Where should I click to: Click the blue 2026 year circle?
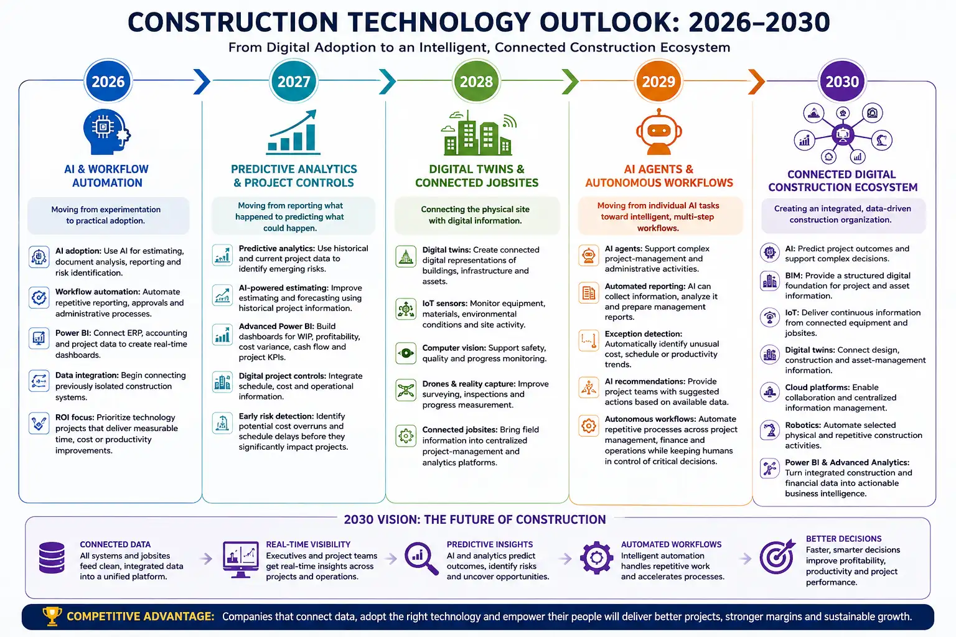[108, 81]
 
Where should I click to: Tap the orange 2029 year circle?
[658, 81]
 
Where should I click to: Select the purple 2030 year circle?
[842, 81]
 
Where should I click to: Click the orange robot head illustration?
[658, 131]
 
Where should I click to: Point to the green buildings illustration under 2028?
[477, 133]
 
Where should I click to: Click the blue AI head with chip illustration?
[106, 132]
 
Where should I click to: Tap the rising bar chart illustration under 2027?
[293, 133]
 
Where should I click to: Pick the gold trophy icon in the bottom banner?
[52, 616]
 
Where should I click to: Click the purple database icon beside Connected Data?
[52, 557]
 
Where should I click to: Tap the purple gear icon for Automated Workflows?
[596, 557]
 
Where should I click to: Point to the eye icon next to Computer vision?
[405, 353]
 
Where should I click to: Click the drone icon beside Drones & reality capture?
[405, 390]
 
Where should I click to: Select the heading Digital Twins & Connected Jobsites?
[477, 176]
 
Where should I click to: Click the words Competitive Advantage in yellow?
[141, 616]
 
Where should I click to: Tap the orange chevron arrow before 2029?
[757, 81]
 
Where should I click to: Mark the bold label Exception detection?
[643, 333]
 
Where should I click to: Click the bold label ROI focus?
[75, 417]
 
